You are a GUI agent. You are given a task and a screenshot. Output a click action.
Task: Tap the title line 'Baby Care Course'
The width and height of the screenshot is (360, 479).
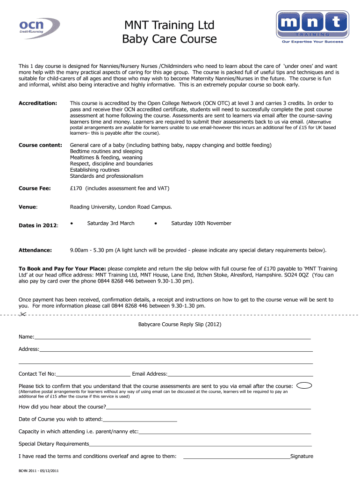tap(170, 39)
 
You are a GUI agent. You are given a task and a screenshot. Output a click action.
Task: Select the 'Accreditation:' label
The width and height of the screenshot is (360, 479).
tap(38, 103)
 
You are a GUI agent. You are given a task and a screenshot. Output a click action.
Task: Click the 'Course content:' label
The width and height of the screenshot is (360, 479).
tap(40, 145)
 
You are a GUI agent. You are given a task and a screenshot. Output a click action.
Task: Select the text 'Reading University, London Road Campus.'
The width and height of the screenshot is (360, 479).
tap(121, 207)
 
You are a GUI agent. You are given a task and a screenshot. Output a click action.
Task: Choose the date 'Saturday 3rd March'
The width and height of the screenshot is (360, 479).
tap(110, 224)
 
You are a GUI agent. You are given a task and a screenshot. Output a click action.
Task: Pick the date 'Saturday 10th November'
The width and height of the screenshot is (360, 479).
tap(201, 224)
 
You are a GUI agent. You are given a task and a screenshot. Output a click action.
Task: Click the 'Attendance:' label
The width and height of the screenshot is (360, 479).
tap(35, 250)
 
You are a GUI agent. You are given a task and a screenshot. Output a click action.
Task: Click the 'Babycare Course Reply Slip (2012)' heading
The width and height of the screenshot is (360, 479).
tap(180, 324)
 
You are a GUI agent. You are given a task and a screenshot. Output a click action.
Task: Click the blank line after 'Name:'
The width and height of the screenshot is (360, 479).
tap(173, 337)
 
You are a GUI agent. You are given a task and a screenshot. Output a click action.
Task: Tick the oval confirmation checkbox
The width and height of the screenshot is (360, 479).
tap(305, 385)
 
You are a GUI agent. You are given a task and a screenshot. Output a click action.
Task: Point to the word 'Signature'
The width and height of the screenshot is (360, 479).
tap(302, 457)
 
